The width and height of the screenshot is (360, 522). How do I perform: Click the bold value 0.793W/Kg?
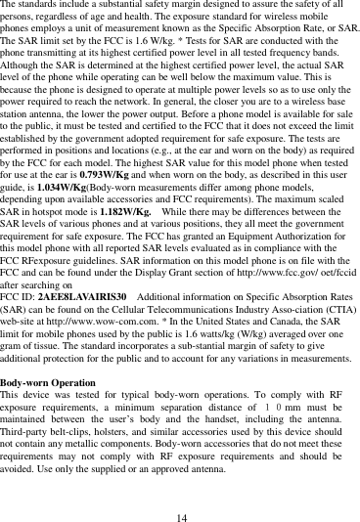tap(113, 172)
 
